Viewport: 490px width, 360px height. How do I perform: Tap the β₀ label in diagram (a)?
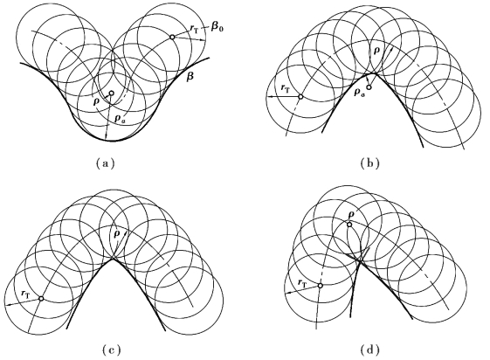point(217,27)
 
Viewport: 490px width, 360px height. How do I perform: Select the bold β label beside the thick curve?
point(190,77)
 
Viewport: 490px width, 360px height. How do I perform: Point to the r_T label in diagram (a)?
point(194,28)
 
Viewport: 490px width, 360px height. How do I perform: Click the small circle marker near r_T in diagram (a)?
point(172,37)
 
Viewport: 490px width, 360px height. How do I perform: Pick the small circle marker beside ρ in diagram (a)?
point(111,93)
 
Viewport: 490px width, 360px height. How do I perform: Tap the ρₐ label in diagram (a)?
point(119,118)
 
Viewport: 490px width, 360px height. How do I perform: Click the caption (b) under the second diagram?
point(370,163)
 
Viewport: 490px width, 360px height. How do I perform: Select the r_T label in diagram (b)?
point(286,89)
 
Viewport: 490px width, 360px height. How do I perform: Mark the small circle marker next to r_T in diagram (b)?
point(300,97)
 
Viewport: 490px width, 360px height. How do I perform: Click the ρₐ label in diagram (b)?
point(358,93)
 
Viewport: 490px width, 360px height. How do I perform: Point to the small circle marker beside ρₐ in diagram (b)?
point(369,87)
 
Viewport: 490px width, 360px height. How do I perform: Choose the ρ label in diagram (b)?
point(377,51)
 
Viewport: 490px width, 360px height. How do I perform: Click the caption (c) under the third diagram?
point(111,350)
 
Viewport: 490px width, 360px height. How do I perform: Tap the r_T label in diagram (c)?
point(25,294)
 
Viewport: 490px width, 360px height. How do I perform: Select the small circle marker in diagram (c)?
point(41,299)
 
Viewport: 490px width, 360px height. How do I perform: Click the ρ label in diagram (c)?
point(117,234)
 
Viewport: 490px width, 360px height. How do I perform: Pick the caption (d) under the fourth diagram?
point(370,350)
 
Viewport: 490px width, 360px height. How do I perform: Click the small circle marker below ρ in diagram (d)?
point(349,224)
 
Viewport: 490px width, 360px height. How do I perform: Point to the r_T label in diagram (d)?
point(302,283)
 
